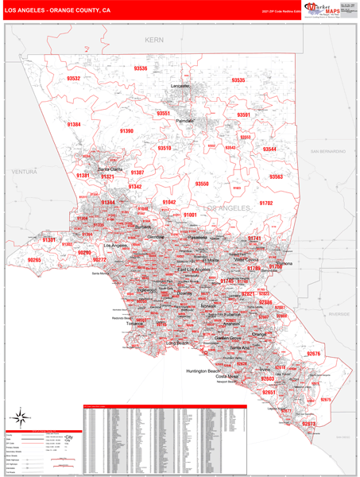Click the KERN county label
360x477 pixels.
(x=153, y=39)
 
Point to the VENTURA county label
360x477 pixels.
(x=25, y=172)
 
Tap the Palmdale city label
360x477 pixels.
(x=186, y=121)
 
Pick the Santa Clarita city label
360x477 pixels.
(x=109, y=169)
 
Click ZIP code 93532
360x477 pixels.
(x=74, y=79)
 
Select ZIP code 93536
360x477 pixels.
(x=141, y=69)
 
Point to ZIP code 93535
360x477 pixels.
(x=238, y=80)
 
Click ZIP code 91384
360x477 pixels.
(x=74, y=125)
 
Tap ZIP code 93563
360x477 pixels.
(x=276, y=176)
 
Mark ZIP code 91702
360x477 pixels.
(x=265, y=204)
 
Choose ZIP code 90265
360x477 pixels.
(x=34, y=260)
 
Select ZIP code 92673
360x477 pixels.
(x=308, y=425)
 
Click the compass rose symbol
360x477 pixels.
(x=21, y=417)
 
